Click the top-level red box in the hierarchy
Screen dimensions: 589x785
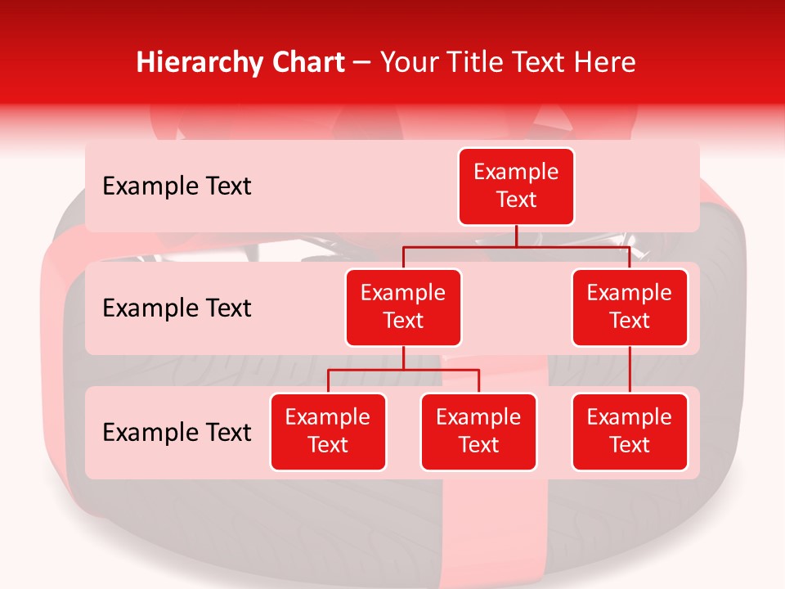point(516,186)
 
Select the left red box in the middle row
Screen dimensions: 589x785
point(403,307)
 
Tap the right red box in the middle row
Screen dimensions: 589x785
point(630,307)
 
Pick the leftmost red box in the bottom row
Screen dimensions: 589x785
point(328,431)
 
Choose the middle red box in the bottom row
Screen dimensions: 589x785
point(478,431)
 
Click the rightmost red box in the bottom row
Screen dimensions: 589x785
point(630,431)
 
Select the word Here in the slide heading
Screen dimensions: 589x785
point(606,62)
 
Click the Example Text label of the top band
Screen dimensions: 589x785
point(177,187)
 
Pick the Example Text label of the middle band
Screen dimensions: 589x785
point(177,308)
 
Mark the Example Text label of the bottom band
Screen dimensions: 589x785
point(177,432)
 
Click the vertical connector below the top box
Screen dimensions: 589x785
point(516,236)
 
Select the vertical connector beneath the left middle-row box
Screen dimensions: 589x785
point(403,357)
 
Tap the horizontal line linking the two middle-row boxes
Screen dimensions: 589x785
point(516,246)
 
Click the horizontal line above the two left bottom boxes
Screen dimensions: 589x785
point(403,370)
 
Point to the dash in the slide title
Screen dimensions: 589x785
point(363,62)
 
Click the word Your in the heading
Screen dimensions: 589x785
point(408,62)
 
